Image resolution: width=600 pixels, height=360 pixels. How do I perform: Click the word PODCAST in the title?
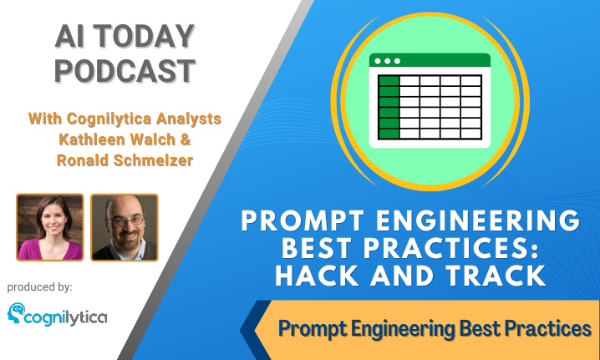[x=125, y=71]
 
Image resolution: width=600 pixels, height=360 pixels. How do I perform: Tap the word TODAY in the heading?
[x=144, y=37]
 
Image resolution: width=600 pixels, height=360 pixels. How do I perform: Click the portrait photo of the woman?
[x=50, y=227]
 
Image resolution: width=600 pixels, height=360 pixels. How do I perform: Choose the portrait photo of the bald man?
[x=125, y=227]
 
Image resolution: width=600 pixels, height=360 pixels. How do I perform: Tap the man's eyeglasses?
[x=125, y=221]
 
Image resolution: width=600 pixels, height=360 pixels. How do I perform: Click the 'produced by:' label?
[x=40, y=287]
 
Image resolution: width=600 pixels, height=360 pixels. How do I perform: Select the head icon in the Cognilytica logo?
[x=16, y=312]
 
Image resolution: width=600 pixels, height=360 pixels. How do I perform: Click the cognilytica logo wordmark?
[x=66, y=318]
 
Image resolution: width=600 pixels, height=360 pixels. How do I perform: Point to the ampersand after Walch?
[x=186, y=139]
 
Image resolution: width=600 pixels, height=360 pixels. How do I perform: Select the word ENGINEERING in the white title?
[x=478, y=221]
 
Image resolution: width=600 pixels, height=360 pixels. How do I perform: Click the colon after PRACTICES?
[x=533, y=251]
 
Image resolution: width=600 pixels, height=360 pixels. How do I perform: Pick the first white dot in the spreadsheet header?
[x=378, y=61]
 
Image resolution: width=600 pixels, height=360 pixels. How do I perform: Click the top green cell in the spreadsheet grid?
[x=389, y=81]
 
